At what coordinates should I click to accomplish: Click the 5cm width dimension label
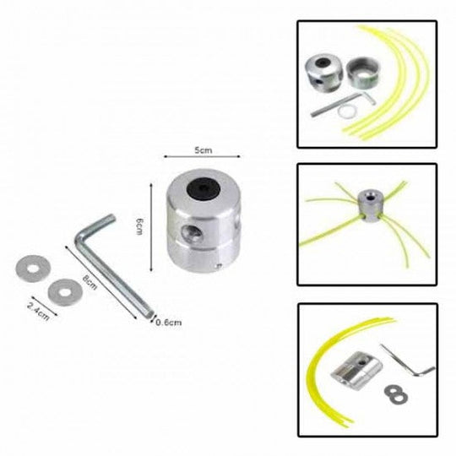(x=203, y=150)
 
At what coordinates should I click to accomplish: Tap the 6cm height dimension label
(x=139, y=227)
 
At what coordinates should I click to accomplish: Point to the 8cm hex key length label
(x=90, y=282)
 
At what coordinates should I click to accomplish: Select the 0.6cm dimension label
(x=169, y=323)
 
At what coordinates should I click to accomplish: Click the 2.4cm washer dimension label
(x=38, y=311)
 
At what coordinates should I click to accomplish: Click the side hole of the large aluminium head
(x=191, y=233)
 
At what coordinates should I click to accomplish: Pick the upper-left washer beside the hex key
(x=33, y=269)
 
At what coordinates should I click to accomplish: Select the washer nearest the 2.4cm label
(x=65, y=292)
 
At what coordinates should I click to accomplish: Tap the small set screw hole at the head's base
(x=220, y=265)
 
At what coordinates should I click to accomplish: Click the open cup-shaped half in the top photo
(x=363, y=73)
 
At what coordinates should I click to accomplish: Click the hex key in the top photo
(x=343, y=104)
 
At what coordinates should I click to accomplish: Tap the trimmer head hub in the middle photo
(x=369, y=205)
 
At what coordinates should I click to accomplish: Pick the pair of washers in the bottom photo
(x=396, y=394)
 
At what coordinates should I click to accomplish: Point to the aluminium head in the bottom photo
(x=356, y=370)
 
